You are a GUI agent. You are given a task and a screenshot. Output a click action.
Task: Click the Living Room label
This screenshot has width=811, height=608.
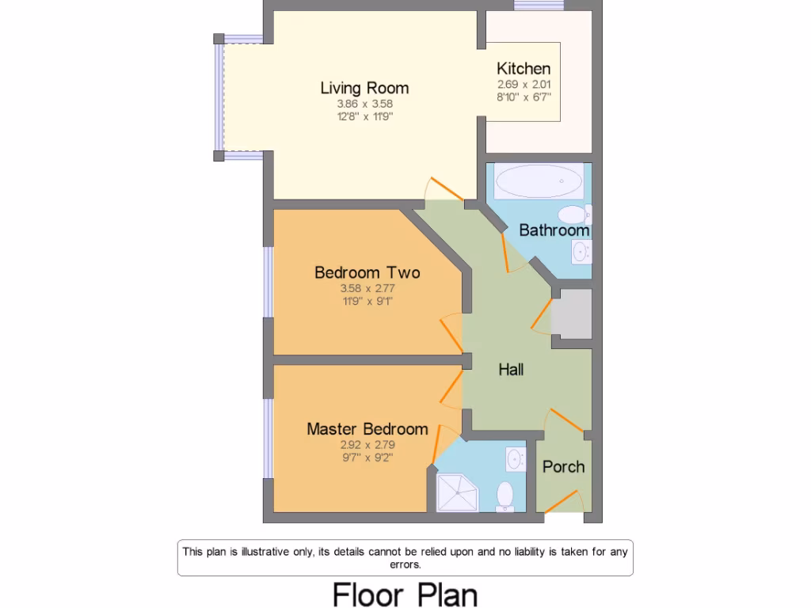point(364,88)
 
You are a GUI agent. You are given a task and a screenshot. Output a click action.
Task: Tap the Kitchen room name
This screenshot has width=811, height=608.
point(524,69)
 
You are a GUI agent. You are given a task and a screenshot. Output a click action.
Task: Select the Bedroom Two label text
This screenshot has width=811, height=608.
point(367,272)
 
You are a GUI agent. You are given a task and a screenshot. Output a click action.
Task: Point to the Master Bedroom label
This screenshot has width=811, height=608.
point(367,429)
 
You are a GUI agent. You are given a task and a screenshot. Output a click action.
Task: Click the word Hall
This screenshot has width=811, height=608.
point(511,369)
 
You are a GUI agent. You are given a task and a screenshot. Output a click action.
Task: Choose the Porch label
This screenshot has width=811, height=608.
point(563,466)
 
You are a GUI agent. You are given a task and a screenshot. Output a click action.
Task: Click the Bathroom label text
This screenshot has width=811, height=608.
point(554,230)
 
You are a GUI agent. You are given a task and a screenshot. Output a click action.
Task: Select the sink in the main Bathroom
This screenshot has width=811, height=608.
point(581,253)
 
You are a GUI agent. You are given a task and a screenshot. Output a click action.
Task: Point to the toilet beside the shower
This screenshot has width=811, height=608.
point(504,496)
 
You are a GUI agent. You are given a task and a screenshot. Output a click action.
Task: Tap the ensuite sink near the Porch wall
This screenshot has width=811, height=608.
point(516,458)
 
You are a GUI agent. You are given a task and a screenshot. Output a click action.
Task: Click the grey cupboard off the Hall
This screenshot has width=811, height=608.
point(571,313)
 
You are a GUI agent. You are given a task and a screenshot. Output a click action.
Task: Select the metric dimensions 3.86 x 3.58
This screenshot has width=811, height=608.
point(364,104)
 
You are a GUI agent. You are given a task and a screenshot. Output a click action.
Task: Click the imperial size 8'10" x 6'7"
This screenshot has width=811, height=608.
point(524,97)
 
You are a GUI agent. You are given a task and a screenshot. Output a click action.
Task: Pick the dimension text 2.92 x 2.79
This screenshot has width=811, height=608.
point(367,444)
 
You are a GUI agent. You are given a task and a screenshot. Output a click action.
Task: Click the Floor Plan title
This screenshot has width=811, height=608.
point(405,594)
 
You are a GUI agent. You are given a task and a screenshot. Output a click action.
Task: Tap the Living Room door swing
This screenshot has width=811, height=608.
point(444,188)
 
